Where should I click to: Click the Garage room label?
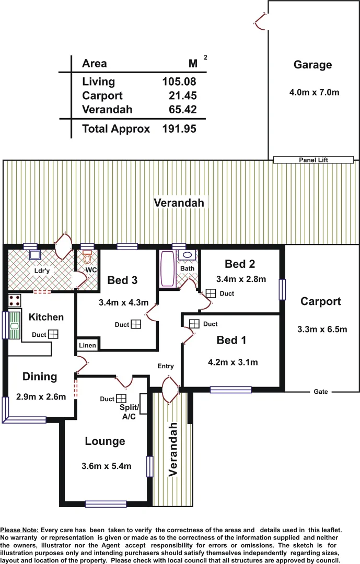point(312,65)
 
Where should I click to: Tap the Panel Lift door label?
point(313,160)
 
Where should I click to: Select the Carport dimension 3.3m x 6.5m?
point(322,330)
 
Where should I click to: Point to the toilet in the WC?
point(87,257)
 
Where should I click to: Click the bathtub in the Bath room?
point(167,268)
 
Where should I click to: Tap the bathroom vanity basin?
point(187,255)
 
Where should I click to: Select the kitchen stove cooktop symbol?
point(15,301)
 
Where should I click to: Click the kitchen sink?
point(14,325)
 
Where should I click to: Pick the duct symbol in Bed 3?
point(136,324)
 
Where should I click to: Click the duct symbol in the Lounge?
point(121,398)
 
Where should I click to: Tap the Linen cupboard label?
point(87,345)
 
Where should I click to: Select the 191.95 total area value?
point(179,128)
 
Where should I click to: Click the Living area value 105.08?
point(179,81)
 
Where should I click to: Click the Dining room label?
point(40,377)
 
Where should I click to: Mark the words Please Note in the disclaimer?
point(20,530)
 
